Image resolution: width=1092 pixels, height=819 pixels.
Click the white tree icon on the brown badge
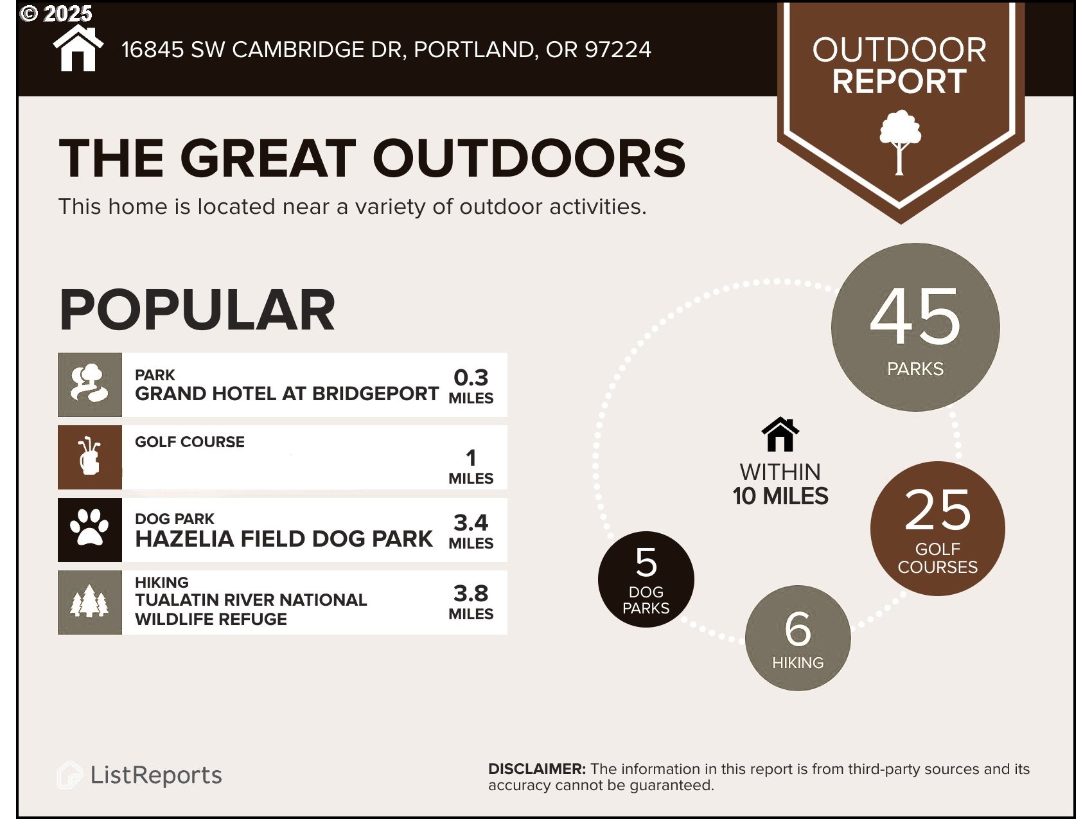900,142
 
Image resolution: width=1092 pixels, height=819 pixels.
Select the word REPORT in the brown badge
899,82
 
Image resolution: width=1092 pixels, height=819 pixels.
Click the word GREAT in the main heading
268,158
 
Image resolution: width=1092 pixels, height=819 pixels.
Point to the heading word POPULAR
197,310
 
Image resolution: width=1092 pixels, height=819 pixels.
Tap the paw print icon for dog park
89,527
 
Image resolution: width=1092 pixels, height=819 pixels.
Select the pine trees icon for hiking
89,601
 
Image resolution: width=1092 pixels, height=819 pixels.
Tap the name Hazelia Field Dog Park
284,539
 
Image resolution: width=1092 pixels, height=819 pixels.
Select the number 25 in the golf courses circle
938,510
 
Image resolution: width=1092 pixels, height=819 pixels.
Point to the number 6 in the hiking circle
798,629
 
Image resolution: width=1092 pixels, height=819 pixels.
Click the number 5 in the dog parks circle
646,562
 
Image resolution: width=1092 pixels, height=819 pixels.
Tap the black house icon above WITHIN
780,434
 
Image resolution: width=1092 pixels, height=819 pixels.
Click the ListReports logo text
156,775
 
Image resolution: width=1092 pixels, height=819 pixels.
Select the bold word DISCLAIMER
537,769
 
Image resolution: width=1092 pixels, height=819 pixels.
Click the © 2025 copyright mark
57,13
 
